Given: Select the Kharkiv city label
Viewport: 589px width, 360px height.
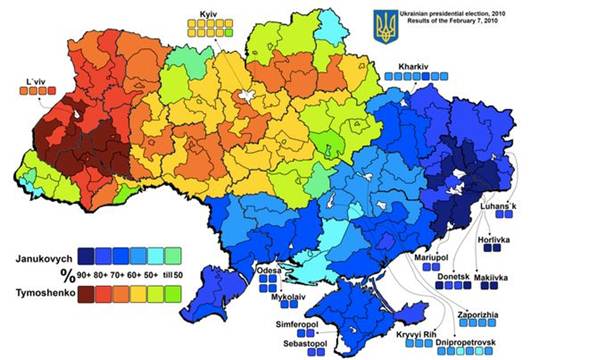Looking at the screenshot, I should (x=413, y=66).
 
